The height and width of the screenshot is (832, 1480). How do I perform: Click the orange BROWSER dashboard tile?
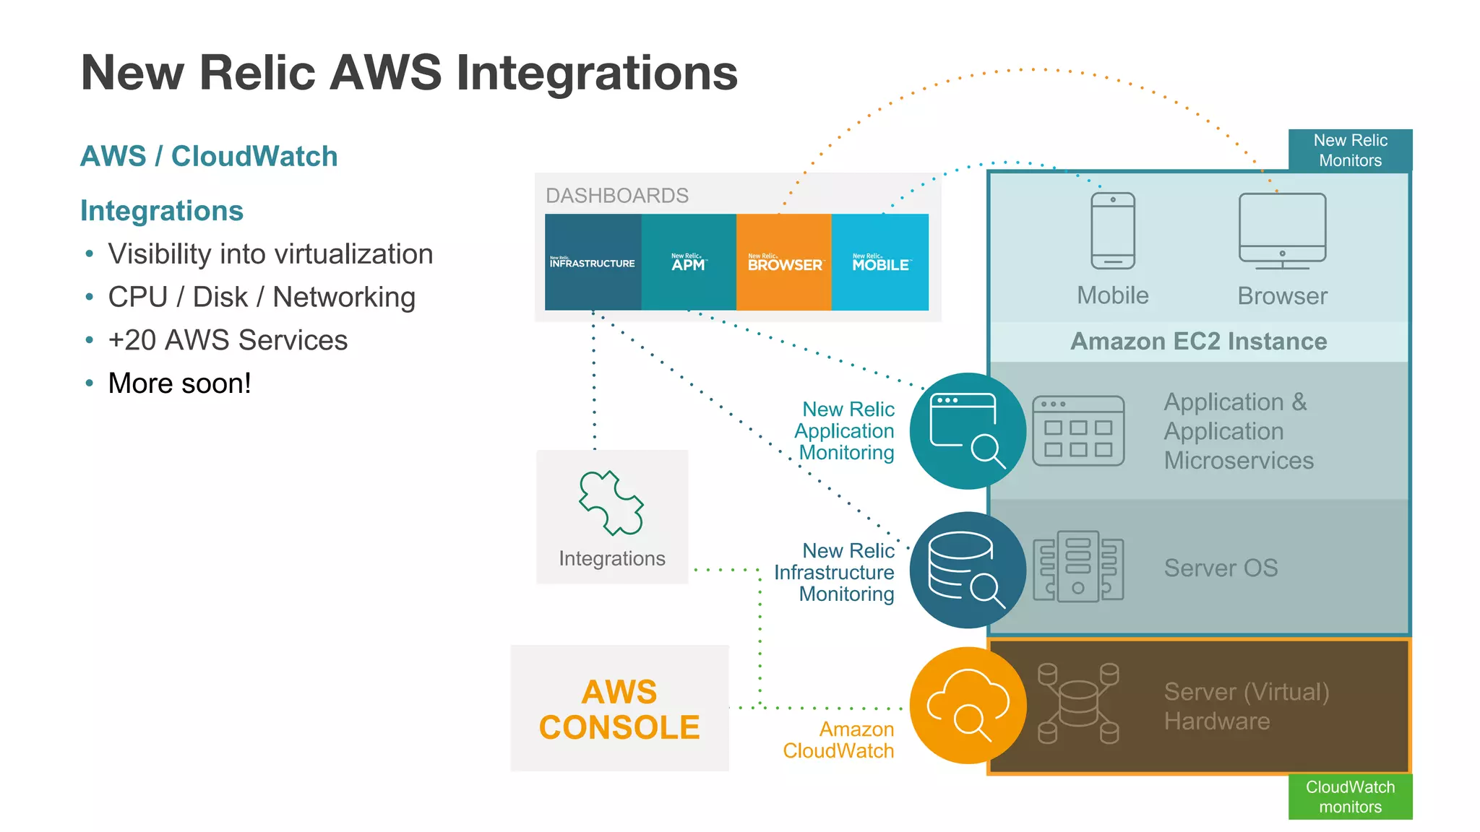[784, 262]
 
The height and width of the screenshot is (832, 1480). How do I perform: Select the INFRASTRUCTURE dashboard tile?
[593, 262]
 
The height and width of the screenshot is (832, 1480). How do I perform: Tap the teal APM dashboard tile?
[689, 262]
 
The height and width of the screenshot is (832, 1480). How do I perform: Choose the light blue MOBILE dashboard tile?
[880, 262]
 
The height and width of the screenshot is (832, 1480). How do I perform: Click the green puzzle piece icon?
[611, 503]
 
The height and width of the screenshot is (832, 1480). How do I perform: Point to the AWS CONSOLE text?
[619, 709]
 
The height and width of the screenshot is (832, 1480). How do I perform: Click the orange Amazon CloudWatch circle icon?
[968, 706]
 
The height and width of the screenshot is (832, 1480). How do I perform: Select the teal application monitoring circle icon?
[968, 431]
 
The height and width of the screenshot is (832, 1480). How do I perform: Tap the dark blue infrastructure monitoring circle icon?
[968, 570]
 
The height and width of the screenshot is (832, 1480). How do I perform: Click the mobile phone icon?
[1113, 230]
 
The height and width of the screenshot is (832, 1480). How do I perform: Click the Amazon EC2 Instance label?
[1198, 341]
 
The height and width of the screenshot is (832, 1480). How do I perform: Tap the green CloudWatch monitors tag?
[1350, 797]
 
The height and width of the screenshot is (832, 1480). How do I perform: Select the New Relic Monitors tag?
[1350, 150]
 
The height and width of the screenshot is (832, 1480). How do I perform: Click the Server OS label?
[1221, 568]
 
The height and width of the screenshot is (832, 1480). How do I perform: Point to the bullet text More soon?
[179, 383]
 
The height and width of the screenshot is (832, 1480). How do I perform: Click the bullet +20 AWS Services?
[228, 340]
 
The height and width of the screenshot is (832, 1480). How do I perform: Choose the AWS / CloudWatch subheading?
[209, 156]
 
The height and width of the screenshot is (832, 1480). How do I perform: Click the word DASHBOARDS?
[617, 195]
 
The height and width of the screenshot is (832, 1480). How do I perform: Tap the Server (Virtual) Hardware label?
[1246, 706]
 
